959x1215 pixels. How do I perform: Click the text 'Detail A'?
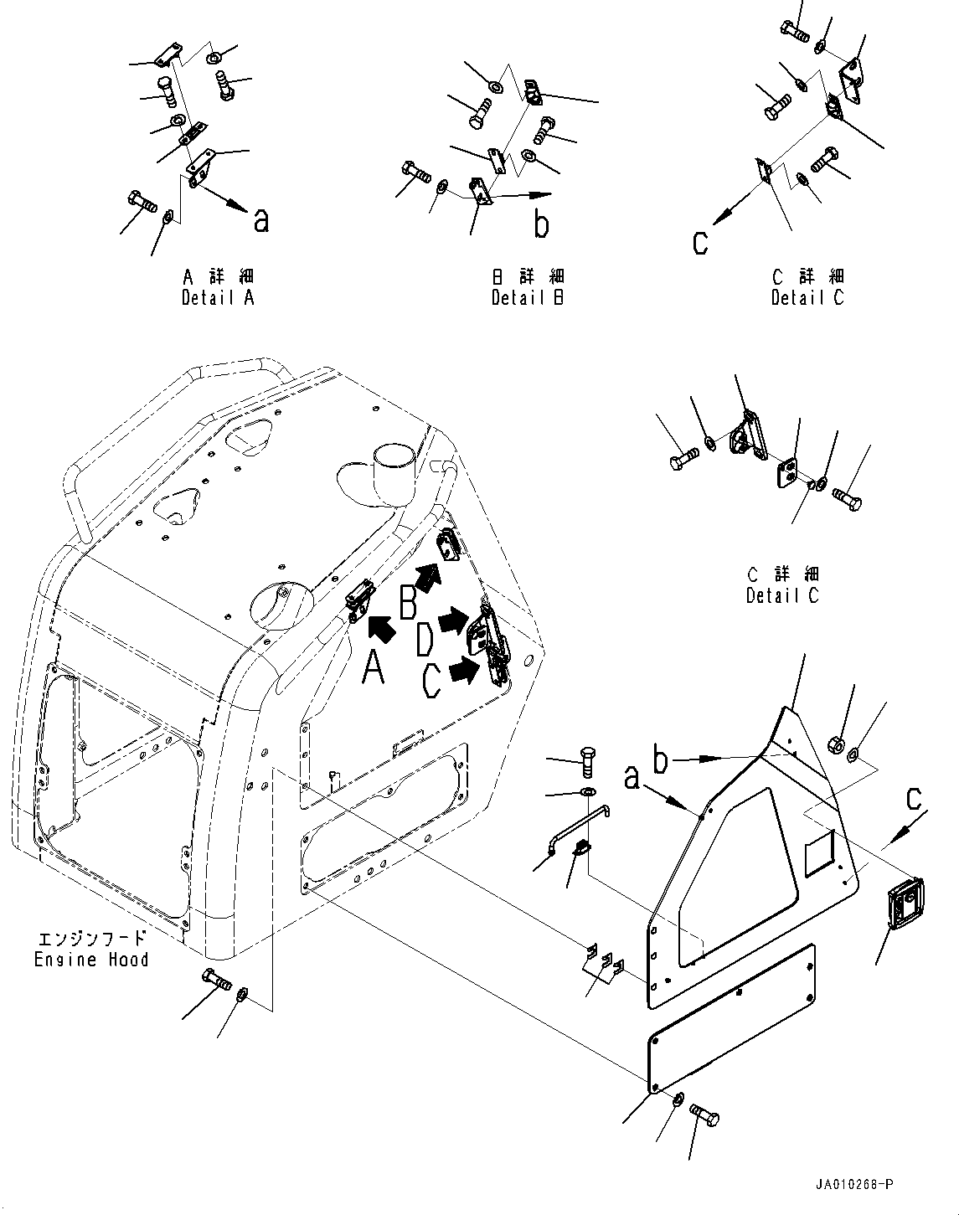point(218,297)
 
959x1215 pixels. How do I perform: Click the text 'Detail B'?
point(528,297)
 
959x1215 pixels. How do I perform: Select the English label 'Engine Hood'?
point(91,960)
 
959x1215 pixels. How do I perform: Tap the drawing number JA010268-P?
point(853,1185)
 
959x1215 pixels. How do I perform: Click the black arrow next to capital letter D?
point(454,620)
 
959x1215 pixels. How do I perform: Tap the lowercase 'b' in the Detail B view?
point(542,224)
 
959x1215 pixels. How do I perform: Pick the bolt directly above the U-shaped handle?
point(586,763)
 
